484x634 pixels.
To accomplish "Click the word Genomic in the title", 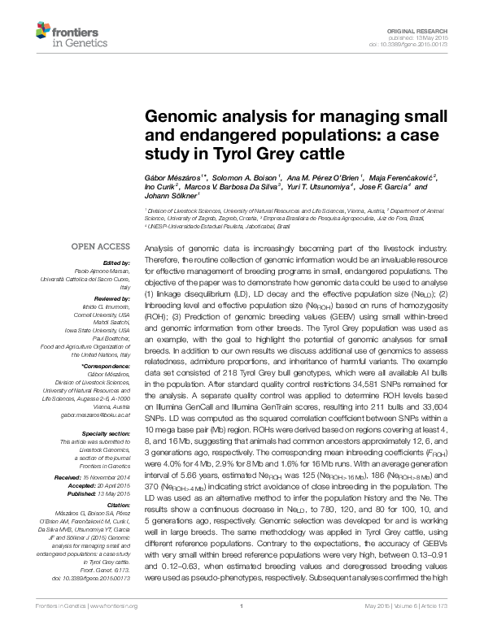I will pos(177,116).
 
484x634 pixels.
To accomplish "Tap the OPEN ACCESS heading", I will pos(101,245).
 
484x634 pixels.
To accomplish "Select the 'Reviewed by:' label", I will pos(113,300).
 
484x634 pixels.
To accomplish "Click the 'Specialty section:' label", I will pos(107,433).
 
